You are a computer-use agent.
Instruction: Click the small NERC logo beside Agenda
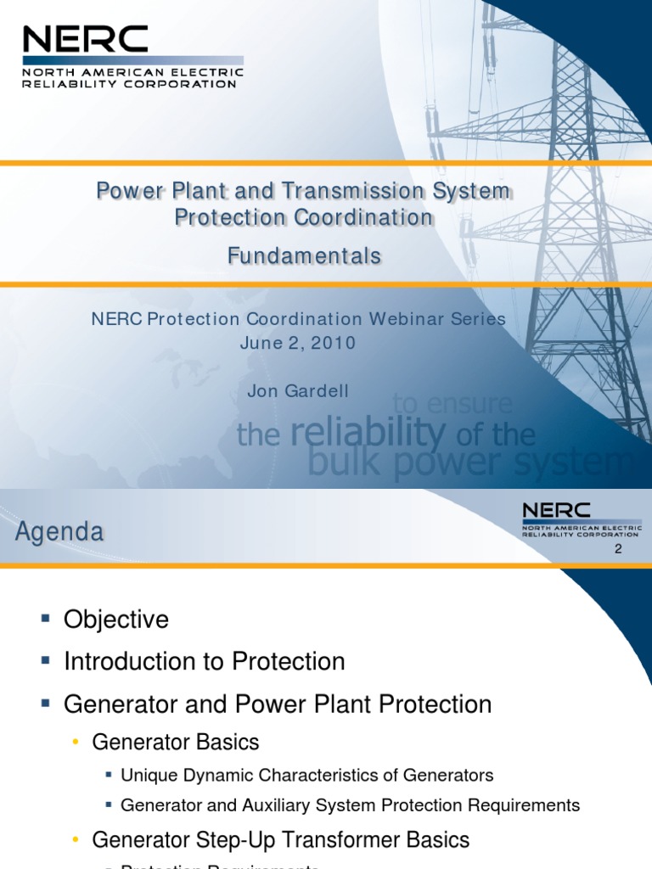581,519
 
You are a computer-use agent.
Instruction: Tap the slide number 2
618,549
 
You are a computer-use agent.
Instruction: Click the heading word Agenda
59,533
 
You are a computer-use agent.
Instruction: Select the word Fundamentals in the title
304,255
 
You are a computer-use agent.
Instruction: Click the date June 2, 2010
298,343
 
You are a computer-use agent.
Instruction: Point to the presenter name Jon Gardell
298,390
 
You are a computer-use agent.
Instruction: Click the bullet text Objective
116,620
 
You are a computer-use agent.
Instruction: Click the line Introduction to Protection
205,661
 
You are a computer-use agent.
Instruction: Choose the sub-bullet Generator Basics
175,742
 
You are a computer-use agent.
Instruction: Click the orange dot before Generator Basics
76,743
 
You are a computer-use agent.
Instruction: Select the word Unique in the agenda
146,775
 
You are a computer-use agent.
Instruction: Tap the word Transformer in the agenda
340,840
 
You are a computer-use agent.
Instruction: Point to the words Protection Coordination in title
304,217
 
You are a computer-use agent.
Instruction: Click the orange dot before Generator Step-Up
76,840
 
